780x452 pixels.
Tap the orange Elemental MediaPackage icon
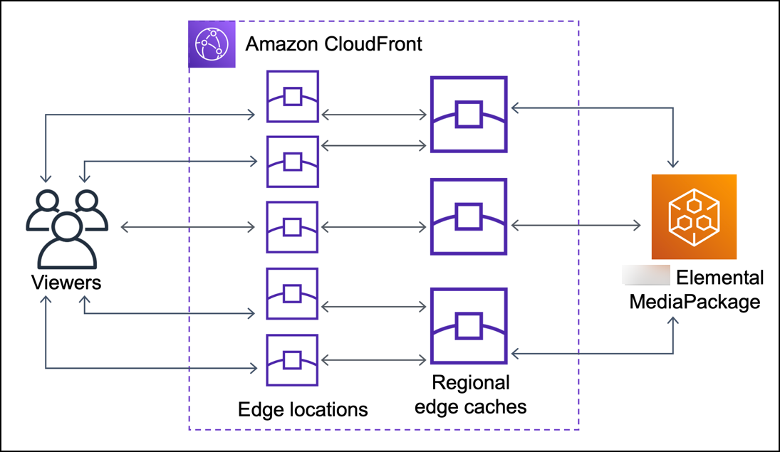[x=694, y=217]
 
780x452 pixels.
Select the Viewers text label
[x=66, y=283]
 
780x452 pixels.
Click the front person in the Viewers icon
[x=66, y=239]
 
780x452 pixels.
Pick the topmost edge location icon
[x=292, y=96]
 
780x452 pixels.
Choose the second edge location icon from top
[x=292, y=162]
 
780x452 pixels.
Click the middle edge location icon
[x=292, y=227]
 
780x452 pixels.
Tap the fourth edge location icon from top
[x=292, y=293]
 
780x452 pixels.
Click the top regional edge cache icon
[x=469, y=115]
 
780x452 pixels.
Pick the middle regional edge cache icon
[x=469, y=216]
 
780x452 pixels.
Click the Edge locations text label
[x=303, y=409]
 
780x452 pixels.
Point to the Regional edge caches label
[x=470, y=395]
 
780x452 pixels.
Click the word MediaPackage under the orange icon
[x=694, y=302]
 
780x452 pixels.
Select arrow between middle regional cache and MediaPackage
[x=576, y=226]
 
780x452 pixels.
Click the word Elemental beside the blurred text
[x=719, y=277]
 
